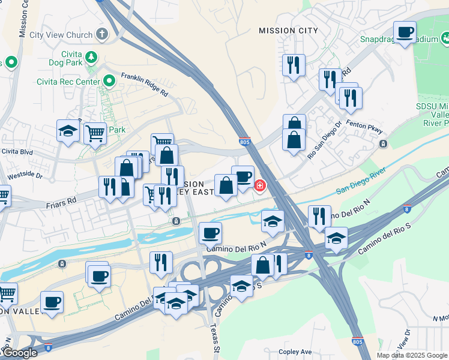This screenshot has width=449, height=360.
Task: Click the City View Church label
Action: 61,35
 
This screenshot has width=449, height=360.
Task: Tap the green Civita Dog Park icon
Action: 91,58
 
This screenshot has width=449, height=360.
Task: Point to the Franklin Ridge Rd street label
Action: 144,84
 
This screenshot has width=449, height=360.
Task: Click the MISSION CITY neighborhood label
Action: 288,31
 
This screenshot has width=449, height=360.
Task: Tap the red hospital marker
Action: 259,186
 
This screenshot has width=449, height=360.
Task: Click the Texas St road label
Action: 214,338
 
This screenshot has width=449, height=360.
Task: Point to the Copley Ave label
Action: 295,352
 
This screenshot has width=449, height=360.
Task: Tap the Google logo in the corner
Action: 19,353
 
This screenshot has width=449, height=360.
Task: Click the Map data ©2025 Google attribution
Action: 411,355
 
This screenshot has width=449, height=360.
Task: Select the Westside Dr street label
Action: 26,176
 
